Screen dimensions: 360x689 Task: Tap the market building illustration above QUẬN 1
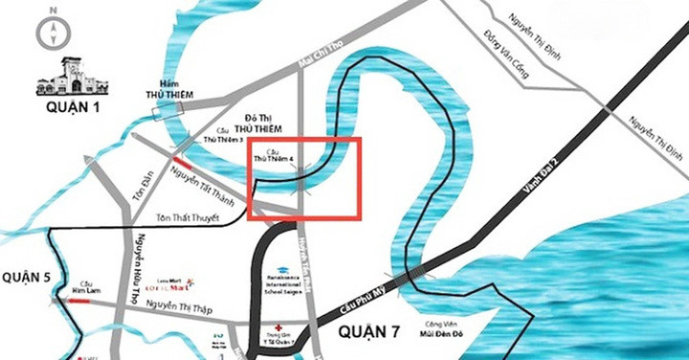click(73, 78)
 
